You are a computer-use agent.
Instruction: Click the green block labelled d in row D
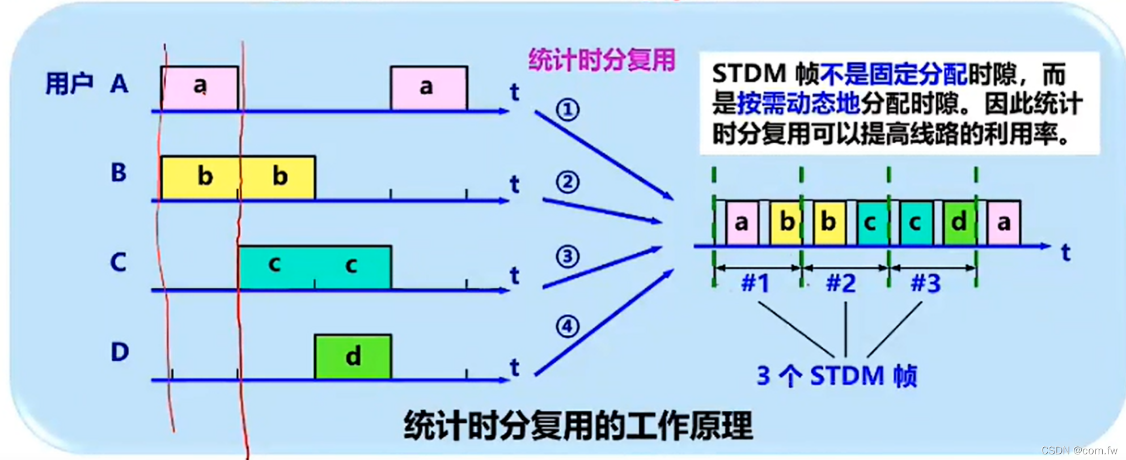(x=353, y=356)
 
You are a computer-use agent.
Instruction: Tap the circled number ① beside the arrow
(x=568, y=109)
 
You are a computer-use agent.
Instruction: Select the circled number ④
(x=568, y=327)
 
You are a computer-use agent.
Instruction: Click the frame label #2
(x=841, y=283)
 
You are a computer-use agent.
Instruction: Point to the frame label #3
(x=925, y=283)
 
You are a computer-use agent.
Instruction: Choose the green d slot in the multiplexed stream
(x=959, y=223)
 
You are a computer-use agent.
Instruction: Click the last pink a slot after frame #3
(x=1004, y=223)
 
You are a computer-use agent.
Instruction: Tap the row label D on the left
(x=120, y=352)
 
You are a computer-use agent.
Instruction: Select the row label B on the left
(x=118, y=172)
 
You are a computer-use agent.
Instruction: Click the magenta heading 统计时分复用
(x=602, y=60)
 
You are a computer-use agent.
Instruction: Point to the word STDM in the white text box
(x=748, y=74)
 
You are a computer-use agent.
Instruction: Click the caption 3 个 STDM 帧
(x=836, y=376)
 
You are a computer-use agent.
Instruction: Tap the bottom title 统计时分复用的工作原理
(x=578, y=425)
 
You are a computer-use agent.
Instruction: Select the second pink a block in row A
(x=429, y=88)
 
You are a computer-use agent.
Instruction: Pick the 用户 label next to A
(x=69, y=84)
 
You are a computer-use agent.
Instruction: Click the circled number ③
(x=568, y=257)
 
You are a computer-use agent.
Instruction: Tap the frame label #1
(x=755, y=283)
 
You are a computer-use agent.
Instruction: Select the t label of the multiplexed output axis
(x=1066, y=253)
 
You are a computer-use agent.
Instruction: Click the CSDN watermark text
(x=1079, y=450)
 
